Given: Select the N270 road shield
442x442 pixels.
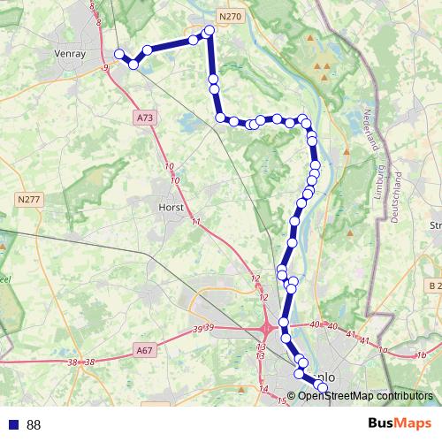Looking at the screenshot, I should coord(228,15).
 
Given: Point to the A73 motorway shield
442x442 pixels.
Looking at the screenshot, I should coord(145,116).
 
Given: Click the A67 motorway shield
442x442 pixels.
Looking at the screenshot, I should coord(144,351).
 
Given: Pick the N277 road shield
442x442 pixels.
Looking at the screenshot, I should coord(29,201).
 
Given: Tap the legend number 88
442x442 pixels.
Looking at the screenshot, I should coord(34,425).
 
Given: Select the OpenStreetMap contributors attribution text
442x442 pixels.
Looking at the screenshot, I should coord(366,396).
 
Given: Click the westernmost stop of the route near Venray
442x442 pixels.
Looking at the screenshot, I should coord(119,54).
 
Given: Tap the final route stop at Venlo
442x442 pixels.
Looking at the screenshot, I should coord(322,387).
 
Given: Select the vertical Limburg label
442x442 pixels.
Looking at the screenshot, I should coord(380,182).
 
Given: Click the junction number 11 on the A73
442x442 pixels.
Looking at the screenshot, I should coord(195,221).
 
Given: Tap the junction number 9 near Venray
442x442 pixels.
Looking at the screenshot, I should coord(105,66).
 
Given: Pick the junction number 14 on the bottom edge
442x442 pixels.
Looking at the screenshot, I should coord(263,389).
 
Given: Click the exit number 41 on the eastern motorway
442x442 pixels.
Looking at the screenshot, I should coord(351,334).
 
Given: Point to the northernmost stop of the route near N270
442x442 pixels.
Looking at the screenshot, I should coord(210,31).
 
